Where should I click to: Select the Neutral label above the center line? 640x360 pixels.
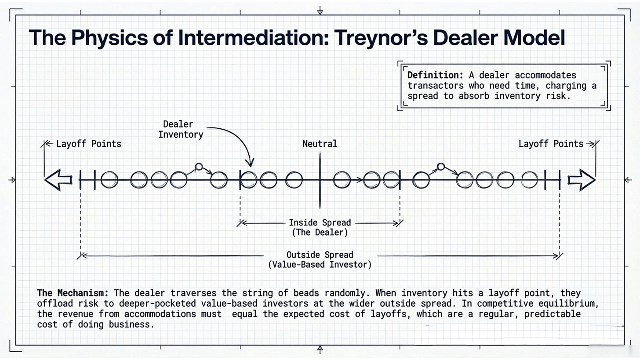[320, 144]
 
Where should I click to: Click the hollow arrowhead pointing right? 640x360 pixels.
[582, 180]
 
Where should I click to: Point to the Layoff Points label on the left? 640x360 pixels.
[88, 144]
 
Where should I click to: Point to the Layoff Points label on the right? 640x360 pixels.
[551, 144]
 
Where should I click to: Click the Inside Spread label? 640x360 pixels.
[320, 222]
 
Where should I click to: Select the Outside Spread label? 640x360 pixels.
[320, 255]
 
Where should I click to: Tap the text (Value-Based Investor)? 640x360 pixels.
[320, 265]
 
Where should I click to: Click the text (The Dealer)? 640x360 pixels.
[320, 233]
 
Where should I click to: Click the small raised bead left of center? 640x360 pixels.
[199, 167]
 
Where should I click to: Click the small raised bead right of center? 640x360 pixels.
[441, 167]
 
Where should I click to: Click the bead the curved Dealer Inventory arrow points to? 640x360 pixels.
[249, 180]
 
